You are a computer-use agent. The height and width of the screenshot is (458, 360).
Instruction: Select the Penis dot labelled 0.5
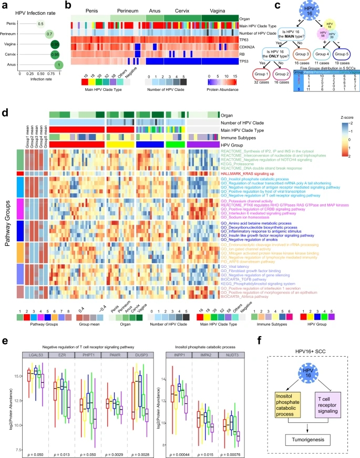40,23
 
